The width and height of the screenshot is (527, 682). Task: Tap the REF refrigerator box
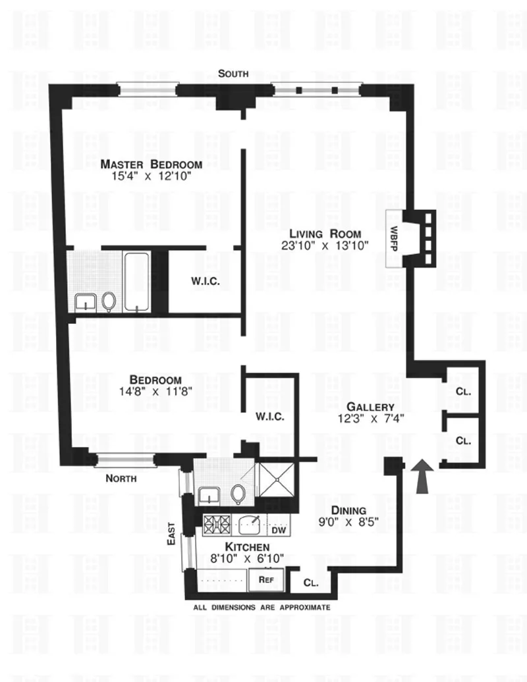[x=265, y=580]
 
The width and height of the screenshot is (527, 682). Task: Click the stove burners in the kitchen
[x=217, y=525]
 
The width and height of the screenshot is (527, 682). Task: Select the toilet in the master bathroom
[x=108, y=302]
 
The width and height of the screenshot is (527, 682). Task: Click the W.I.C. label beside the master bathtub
[x=206, y=281]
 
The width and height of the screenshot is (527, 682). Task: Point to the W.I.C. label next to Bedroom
[x=269, y=416]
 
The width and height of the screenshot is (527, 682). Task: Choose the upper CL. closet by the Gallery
[x=462, y=390]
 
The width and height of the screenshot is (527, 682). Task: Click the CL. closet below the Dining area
[x=311, y=582]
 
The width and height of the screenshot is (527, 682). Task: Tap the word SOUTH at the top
[x=235, y=74]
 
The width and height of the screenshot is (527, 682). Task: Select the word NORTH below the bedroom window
[x=121, y=479]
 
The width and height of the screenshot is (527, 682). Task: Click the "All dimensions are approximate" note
[x=262, y=608]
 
